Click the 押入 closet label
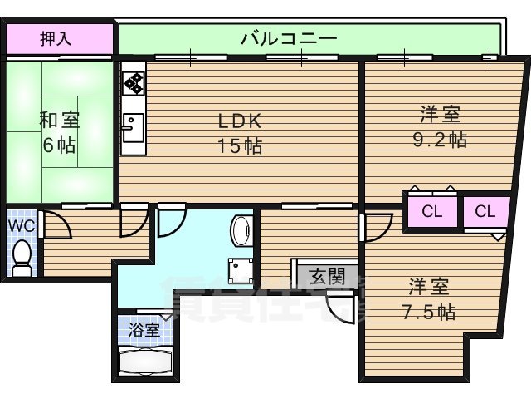(x=58, y=38)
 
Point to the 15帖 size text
(x=241, y=146)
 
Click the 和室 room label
(x=58, y=119)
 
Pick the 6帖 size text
(x=59, y=145)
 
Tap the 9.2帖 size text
(x=440, y=139)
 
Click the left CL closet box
(x=431, y=211)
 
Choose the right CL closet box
(x=485, y=211)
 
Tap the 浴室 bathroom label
(x=144, y=329)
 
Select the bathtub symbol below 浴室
(x=144, y=364)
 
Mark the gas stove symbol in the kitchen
(x=133, y=82)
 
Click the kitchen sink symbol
(x=133, y=127)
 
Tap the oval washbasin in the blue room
(x=243, y=231)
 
